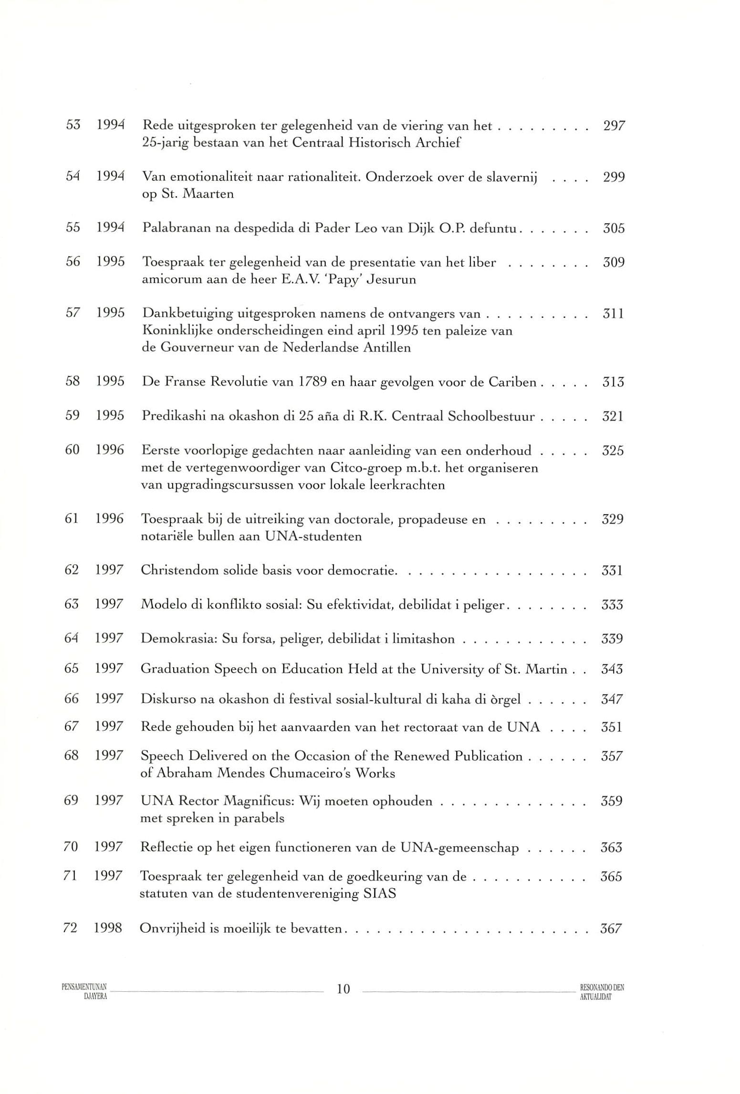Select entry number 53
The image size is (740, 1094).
click(73, 126)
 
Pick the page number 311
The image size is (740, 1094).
click(613, 314)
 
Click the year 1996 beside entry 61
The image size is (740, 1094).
click(109, 519)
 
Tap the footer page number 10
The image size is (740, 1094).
click(344, 989)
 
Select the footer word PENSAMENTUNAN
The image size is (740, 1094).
click(84, 985)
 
